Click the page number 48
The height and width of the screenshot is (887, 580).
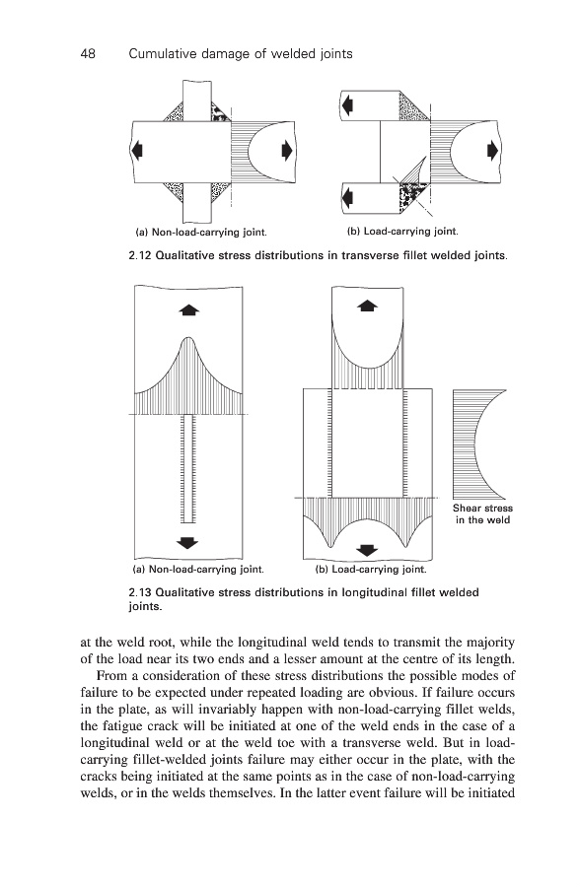point(88,54)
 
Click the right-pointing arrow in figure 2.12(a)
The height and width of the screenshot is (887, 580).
point(287,151)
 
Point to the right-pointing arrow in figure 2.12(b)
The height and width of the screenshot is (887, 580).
point(493,151)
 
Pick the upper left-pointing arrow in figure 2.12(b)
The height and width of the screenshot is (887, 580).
point(347,104)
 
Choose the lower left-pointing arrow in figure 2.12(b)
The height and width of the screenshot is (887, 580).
point(347,197)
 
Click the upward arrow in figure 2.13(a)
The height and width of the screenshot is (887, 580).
point(188,309)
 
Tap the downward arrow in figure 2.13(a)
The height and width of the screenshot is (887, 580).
point(188,543)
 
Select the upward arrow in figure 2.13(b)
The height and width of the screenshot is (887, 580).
point(368,306)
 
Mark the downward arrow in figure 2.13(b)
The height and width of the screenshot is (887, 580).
point(368,550)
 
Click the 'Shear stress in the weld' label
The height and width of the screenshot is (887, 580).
point(482,514)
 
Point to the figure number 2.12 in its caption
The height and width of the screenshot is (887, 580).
point(139,255)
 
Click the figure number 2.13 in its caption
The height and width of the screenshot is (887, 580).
point(139,593)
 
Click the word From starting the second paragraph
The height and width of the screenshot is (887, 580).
point(109,676)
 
